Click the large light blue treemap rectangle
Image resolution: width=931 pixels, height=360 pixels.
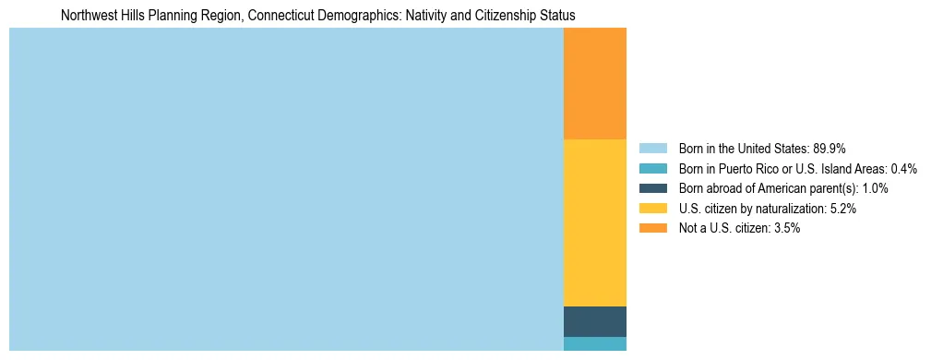pos(286,189)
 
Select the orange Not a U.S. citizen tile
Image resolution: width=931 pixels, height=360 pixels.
pos(594,83)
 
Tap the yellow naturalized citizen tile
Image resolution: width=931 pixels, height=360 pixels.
pos(594,222)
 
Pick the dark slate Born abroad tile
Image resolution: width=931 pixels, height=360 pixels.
pos(594,321)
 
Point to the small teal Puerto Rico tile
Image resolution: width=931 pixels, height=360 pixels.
pos(594,343)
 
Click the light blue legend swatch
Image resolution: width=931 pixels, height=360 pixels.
pos(652,149)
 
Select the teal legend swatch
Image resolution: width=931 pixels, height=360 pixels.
pos(652,169)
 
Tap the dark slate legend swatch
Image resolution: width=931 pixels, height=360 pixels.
pos(652,188)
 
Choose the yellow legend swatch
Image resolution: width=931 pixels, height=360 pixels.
pos(652,209)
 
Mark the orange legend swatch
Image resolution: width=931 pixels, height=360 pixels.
pos(652,229)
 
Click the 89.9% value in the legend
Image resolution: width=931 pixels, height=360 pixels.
pos(829,149)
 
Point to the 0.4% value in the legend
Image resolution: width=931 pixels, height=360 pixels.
pos(903,169)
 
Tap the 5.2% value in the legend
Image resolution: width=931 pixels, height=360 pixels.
pos(843,209)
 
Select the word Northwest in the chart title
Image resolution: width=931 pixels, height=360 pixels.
pos(86,16)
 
